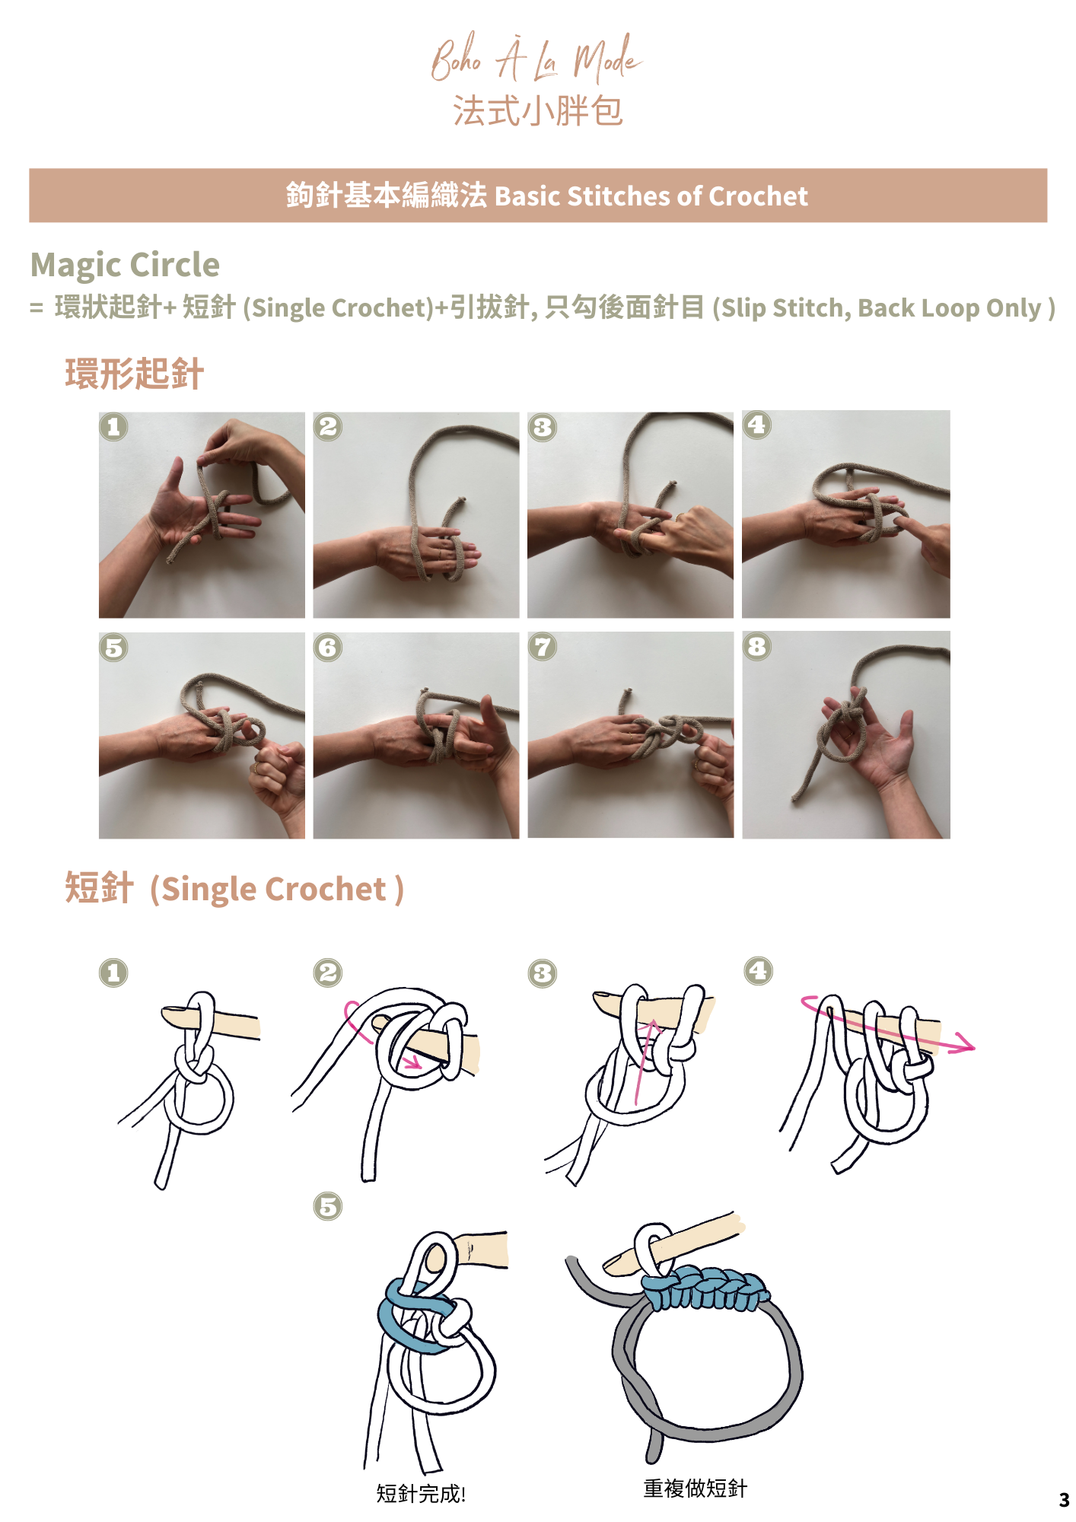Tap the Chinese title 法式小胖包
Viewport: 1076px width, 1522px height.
tap(538, 111)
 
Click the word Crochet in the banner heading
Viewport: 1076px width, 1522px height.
tap(758, 196)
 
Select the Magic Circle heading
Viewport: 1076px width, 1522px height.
tap(125, 265)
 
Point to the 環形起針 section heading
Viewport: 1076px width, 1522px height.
tap(134, 374)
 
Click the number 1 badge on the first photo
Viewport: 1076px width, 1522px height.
tap(113, 427)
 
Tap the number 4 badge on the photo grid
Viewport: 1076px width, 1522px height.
tap(756, 425)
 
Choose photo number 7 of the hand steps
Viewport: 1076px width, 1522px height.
tap(631, 735)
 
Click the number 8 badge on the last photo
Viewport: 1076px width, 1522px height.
tap(756, 646)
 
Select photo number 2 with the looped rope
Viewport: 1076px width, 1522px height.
tap(416, 515)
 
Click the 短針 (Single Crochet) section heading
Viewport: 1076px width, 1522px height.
tap(234, 889)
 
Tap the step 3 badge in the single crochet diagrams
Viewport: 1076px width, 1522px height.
tap(543, 973)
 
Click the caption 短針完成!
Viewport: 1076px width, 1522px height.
tap(421, 1493)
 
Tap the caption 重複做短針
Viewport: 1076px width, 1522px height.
tap(696, 1488)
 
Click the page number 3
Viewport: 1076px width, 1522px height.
tap(1064, 1500)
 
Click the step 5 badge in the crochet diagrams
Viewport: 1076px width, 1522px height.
tap(328, 1206)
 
